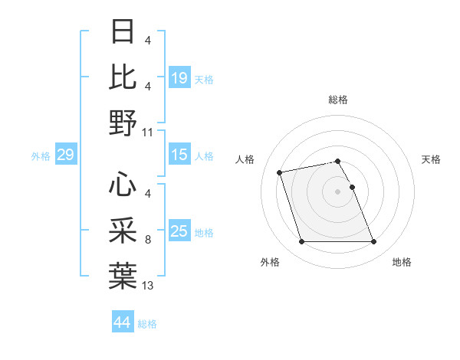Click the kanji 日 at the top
pyautogui.click(x=123, y=32)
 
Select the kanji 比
pyautogui.click(x=123, y=77)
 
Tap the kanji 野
pyautogui.click(x=123, y=122)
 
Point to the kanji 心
pyautogui.click(x=123, y=185)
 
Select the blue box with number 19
pyautogui.click(x=179, y=78)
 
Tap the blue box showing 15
pyautogui.click(x=179, y=155)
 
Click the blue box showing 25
pyautogui.click(x=179, y=231)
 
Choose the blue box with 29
pyautogui.click(x=65, y=155)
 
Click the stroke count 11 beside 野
pyautogui.click(x=148, y=132)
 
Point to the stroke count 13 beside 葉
pyautogui.click(x=148, y=286)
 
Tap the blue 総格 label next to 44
pyautogui.click(x=147, y=324)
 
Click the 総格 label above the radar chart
pyautogui.click(x=338, y=100)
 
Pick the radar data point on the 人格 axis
pyautogui.click(x=280, y=172)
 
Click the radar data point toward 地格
pyautogui.click(x=373, y=242)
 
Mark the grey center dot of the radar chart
pyautogui.click(x=338, y=191)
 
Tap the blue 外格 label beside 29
pyautogui.click(x=41, y=156)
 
